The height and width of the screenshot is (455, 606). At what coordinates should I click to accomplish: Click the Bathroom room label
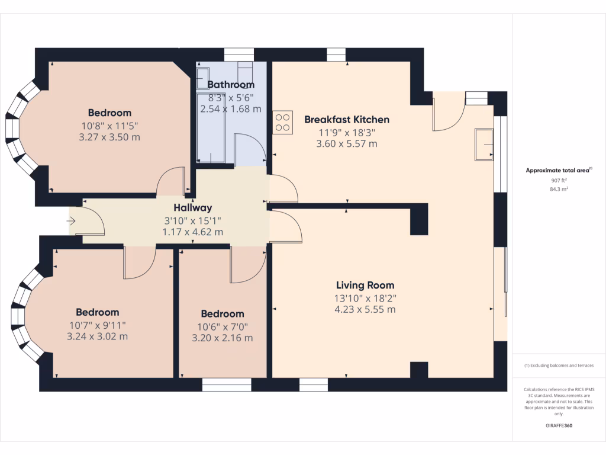231,85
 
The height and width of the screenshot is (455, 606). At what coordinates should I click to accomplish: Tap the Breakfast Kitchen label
347,120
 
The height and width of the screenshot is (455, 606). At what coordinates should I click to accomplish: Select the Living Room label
365,286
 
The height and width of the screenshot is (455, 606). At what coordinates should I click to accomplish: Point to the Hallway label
193,208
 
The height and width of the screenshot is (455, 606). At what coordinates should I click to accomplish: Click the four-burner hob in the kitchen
282,122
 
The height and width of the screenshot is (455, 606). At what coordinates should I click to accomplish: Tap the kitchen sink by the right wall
484,145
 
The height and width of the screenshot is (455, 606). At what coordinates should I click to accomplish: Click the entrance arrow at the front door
71,222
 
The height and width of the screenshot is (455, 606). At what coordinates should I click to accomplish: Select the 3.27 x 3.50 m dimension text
109,137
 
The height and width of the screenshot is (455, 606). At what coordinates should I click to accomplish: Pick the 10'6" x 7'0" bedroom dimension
223,327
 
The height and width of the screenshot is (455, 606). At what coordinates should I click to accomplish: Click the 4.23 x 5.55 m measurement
365,309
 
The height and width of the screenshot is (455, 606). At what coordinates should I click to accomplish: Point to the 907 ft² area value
559,180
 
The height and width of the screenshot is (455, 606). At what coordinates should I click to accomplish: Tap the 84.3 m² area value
559,189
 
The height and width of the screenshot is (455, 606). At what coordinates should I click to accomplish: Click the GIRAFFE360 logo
559,425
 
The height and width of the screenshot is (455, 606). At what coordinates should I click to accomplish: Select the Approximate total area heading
559,170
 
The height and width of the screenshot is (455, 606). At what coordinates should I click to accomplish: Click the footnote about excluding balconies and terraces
559,365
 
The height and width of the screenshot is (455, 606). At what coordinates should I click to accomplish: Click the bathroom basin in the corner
202,79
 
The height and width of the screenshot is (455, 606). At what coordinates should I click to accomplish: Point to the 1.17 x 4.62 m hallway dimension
193,232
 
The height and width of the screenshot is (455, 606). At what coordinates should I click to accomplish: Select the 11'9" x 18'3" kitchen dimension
347,133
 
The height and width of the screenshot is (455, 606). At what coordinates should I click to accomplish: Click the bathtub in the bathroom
210,127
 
